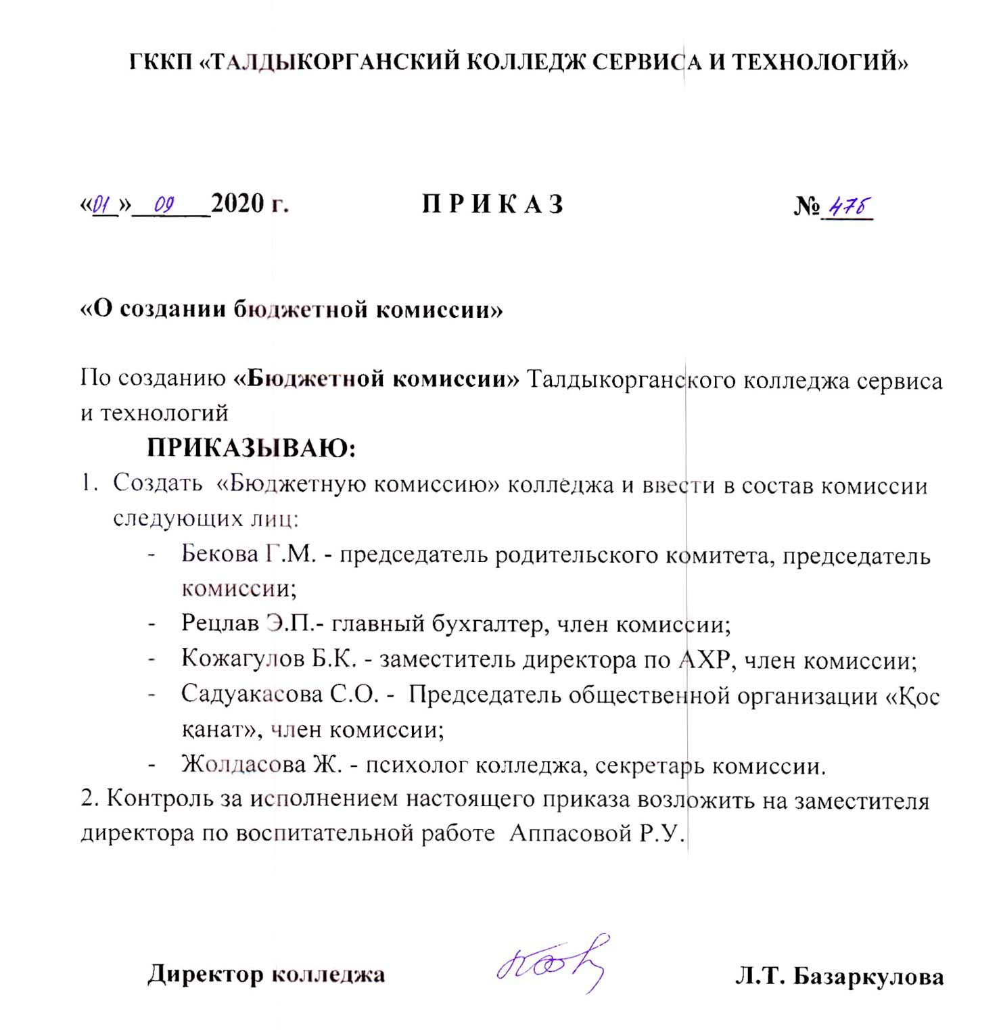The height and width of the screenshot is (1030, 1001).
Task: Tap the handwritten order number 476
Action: pyautogui.click(x=849, y=206)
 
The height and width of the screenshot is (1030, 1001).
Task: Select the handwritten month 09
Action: pyautogui.click(x=164, y=204)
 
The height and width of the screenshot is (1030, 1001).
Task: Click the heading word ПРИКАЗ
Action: pyautogui.click(x=492, y=204)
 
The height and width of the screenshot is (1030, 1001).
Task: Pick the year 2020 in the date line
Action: pyautogui.click(x=237, y=203)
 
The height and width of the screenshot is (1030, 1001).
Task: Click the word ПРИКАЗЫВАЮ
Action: pyautogui.click(x=251, y=448)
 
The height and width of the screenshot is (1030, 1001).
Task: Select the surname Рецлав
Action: pyautogui.click(x=220, y=623)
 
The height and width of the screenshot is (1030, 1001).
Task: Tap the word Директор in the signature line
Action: pyautogui.click(x=206, y=975)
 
